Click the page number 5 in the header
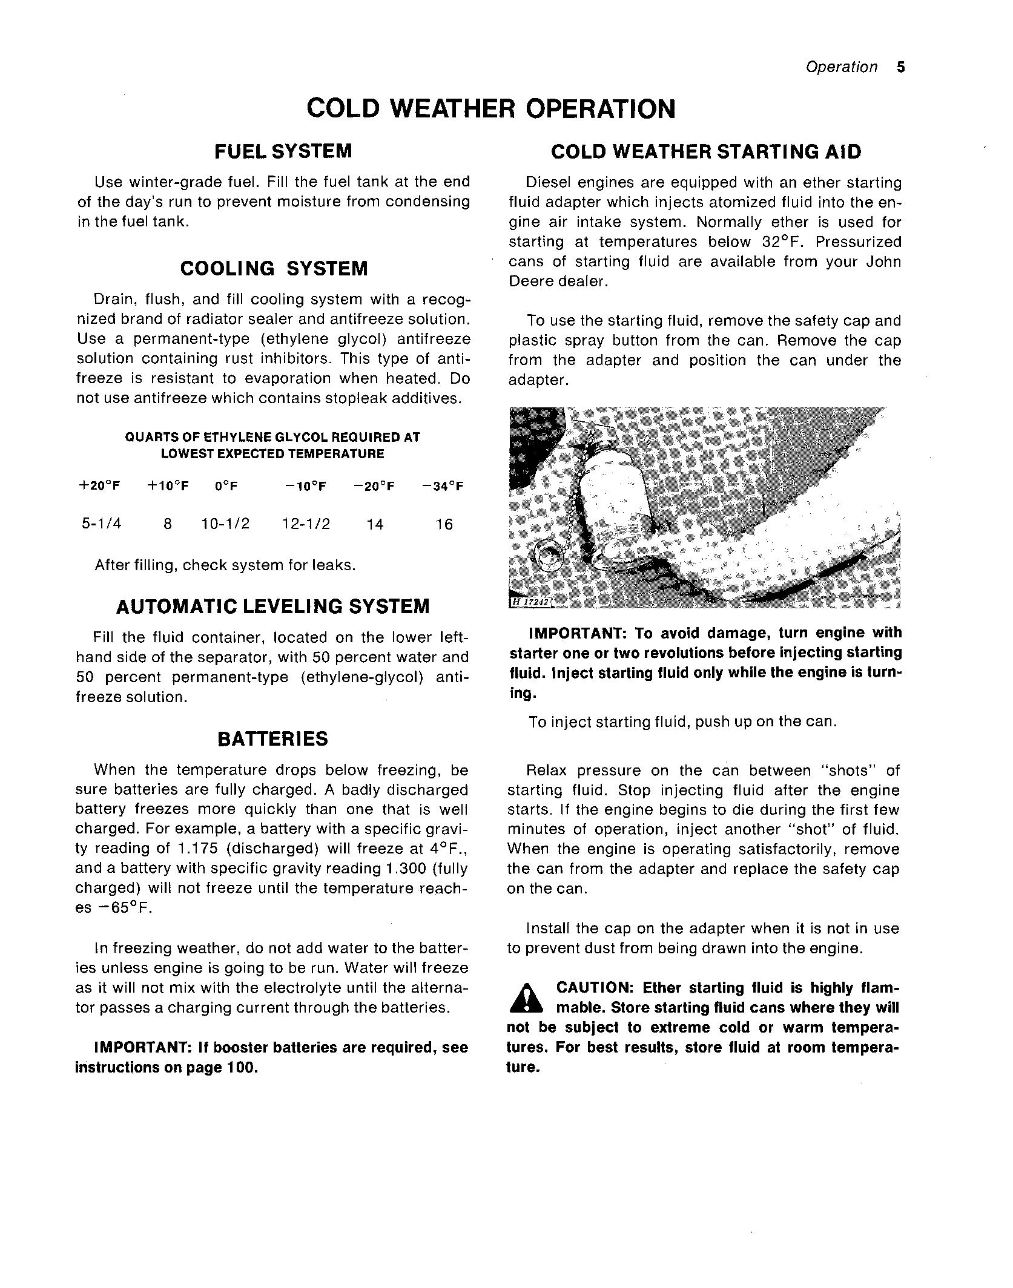pyautogui.click(x=901, y=67)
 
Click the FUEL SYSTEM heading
pyautogui.click(x=283, y=151)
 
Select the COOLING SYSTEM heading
pyautogui.click(x=274, y=269)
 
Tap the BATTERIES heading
pyautogui.click(x=272, y=739)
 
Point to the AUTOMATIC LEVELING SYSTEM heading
pyautogui.click(x=272, y=606)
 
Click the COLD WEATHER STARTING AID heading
pyautogui.click(x=705, y=152)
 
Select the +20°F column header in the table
pyautogui.click(x=99, y=486)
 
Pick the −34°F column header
pyautogui.click(x=443, y=486)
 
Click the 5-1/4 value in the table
pyautogui.click(x=102, y=524)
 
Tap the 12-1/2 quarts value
pyautogui.click(x=306, y=524)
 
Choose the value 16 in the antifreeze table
pyautogui.click(x=444, y=525)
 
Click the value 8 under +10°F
pyautogui.click(x=168, y=524)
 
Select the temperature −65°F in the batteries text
pyautogui.click(x=125, y=908)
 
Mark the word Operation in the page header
pyautogui.click(x=841, y=67)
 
